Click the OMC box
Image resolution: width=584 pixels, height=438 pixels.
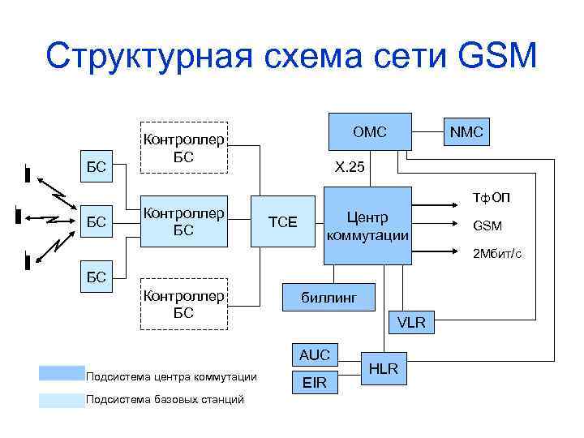[370, 131]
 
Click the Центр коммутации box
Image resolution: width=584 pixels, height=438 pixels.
[367, 226]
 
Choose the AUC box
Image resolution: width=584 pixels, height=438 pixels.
[315, 355]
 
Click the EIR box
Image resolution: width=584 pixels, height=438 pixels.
[315, 382]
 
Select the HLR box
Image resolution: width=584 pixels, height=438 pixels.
[383, 369]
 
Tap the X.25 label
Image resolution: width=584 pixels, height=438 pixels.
[350, 168]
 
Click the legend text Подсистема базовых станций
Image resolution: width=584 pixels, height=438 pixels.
[165, 399]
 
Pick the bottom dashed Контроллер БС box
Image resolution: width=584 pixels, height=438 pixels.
[183, 304]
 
